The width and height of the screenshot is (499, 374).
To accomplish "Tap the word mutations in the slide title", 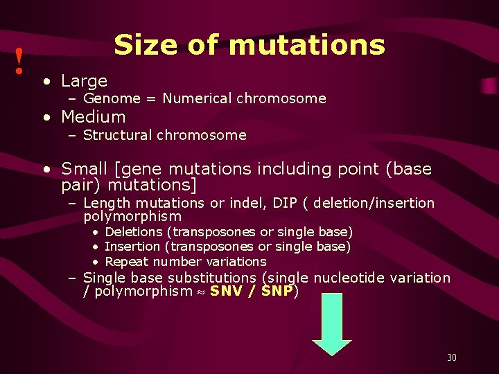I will tap(306, 45).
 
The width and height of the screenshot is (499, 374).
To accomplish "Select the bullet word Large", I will tap(84, 81).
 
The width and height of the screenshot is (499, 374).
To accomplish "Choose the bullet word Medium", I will tap(94, 116).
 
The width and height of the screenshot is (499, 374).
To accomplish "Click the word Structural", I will tap(117, 135).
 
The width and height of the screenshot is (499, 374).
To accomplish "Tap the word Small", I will tap(84, 169).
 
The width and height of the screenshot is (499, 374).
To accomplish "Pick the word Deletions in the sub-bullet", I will tap(133, 231).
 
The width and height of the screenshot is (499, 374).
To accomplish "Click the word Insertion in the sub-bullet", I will tap(132, 247).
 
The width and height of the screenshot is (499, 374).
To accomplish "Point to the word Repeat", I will tap(127, 262).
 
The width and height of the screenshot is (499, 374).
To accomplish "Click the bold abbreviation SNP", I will tap(277, 292).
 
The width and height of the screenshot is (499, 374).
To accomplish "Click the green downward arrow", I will tap(332, 332).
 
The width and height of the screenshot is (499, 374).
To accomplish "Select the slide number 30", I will tap(451, 357).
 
